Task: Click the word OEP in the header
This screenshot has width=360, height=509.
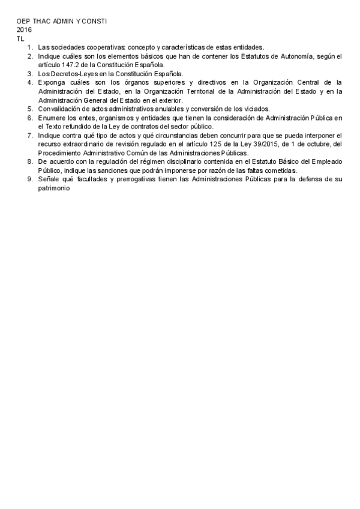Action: (23, 21)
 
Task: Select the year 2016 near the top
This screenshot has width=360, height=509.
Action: (24, 29)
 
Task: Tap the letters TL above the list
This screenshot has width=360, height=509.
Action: (20, 38)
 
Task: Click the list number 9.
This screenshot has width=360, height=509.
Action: (31, 179)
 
